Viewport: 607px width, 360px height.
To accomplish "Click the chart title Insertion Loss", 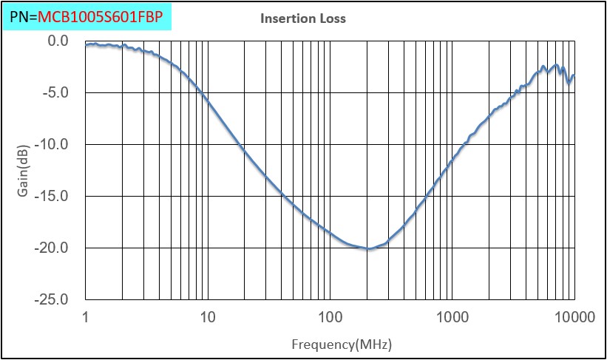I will click(302, 18).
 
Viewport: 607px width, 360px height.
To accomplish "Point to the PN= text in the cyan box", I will click(24, 16).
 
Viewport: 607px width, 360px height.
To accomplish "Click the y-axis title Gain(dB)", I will click(24, 171).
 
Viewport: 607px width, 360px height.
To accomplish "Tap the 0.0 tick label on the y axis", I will click(58, 41).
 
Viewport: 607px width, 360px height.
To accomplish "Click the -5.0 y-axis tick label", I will click(55, 92).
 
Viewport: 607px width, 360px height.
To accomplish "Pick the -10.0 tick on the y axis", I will click(52, 144).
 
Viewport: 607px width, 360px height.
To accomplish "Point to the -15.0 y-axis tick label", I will click(52, 196).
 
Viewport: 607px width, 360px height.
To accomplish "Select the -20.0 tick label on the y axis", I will click(52, 248).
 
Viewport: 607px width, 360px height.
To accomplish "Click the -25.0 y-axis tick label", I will click(52, 299).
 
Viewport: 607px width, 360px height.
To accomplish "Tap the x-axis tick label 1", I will click(86, 317).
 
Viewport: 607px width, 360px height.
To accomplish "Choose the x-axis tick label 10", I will click(208, 317).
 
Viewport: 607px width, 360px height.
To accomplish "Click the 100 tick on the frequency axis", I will click(330, 317).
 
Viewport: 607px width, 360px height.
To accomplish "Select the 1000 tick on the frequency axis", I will click(452, 317).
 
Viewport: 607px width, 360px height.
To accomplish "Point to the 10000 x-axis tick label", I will click(574, 317).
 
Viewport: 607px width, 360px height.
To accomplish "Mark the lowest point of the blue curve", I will click(368, 249).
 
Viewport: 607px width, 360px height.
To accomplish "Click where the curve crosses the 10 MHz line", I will click(208, 99).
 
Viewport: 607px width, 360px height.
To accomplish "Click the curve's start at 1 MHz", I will click(87, 44).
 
